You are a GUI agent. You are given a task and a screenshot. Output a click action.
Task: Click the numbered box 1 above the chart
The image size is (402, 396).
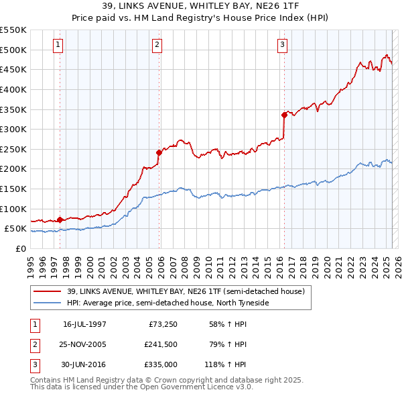tap(58, 45)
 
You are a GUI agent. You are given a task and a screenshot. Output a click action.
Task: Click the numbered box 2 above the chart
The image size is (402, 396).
tap(157, 45)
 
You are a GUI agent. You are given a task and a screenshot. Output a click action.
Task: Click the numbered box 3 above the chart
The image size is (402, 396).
tap(283, 45)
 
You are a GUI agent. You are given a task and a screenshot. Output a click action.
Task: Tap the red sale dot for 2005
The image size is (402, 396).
tap(159, 152)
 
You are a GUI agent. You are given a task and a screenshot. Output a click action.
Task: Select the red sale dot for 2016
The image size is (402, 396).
tap(285, 115)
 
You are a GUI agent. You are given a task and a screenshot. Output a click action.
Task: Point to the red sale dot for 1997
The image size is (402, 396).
tap(60, 219)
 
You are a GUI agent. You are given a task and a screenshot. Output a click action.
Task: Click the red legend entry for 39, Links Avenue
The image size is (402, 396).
tap(186, 291)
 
